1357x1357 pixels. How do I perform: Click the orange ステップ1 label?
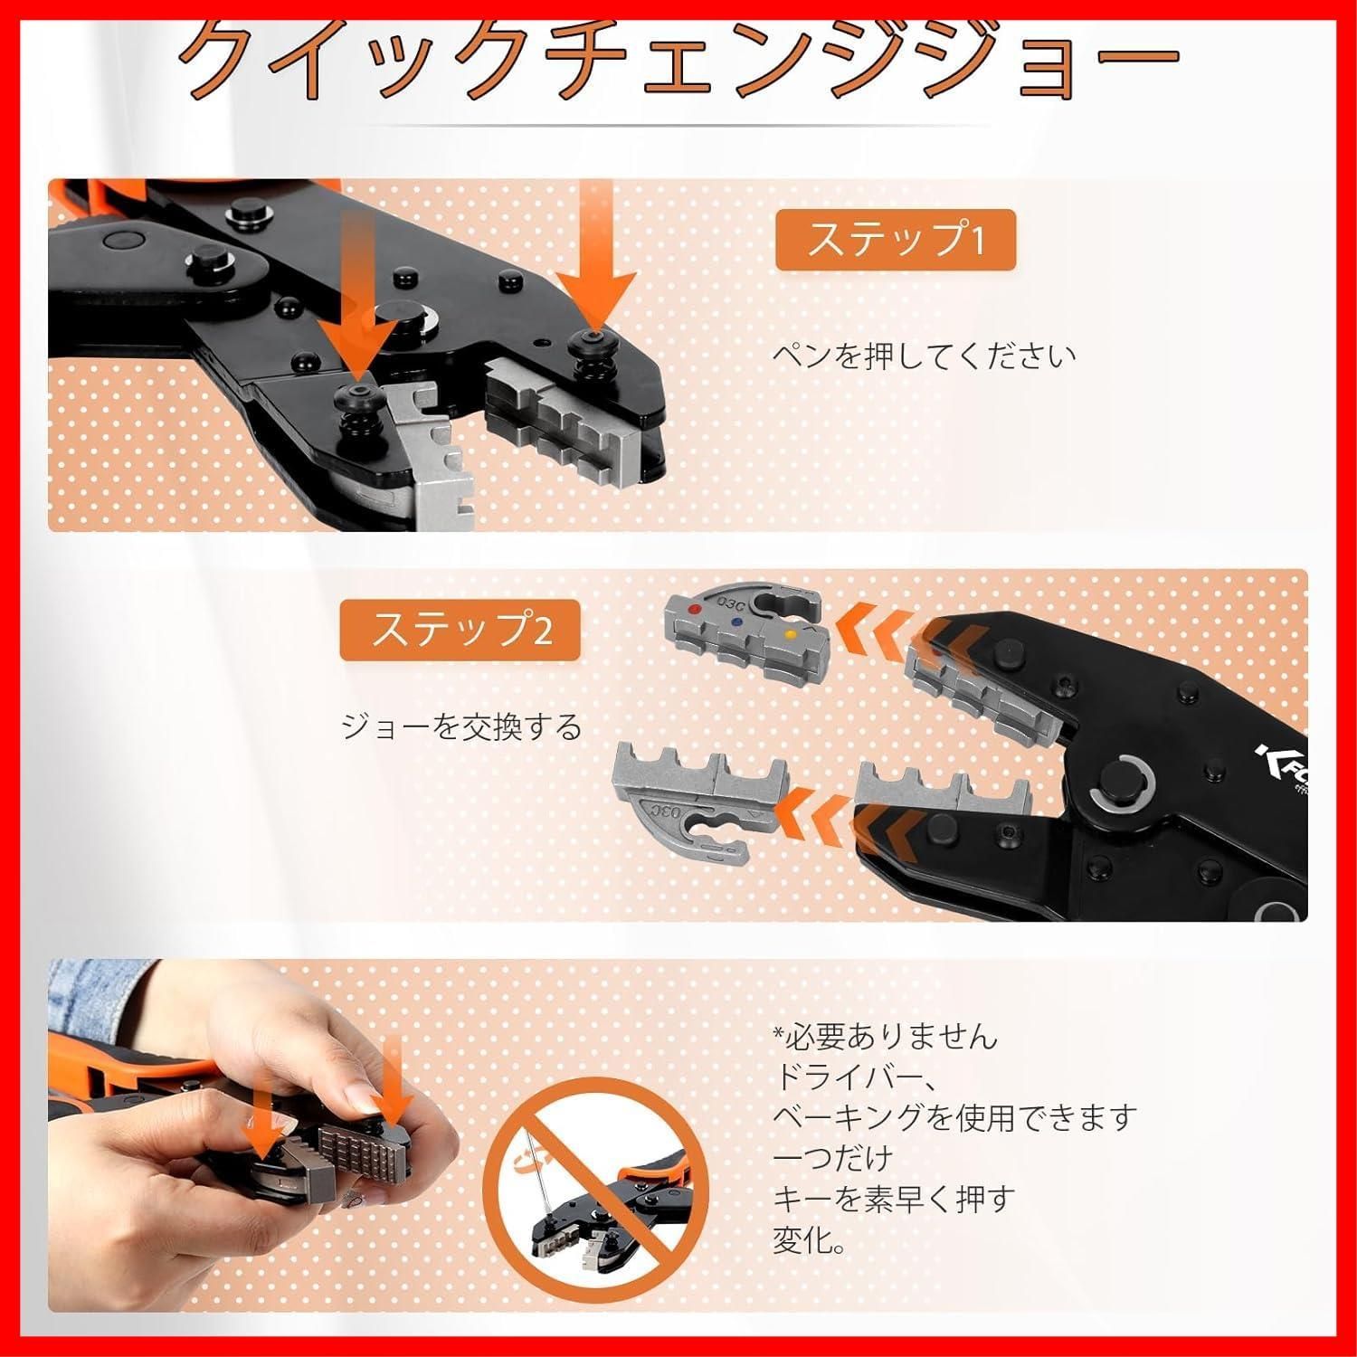pos(895,240)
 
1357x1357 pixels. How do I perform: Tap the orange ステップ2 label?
pos(460,629)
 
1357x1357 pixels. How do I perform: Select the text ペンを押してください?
pos(924,355)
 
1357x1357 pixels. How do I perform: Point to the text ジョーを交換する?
pos(461,726)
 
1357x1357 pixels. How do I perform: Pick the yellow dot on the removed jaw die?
pos(792,636)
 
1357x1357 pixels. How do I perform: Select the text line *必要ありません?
pos(885,1036)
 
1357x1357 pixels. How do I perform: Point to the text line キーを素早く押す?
pos(894,1199)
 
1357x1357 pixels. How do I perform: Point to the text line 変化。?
pos(810,1239)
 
